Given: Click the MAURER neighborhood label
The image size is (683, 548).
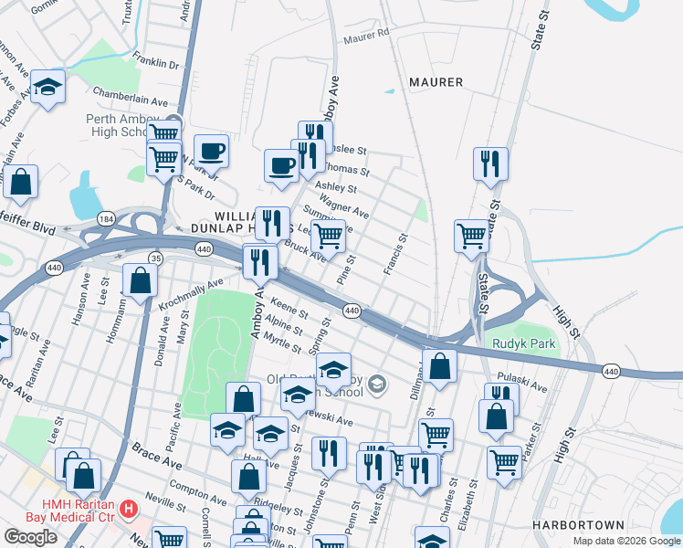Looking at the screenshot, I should click(x=436, y=82).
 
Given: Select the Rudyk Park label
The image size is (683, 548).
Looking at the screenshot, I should click(x=523, y=343).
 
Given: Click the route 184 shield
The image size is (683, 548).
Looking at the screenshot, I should click(x=106, y=219).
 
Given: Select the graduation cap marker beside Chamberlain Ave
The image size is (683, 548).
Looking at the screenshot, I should click(x=47, y=89).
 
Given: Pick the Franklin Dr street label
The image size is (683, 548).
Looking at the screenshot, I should click(x=154, y=65).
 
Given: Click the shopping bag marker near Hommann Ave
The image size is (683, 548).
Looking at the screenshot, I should click(x=141, y=280).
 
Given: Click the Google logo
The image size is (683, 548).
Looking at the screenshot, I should click(x=30, y=537).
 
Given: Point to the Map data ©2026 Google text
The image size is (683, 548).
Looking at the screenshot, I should click(x=626, y=541).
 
